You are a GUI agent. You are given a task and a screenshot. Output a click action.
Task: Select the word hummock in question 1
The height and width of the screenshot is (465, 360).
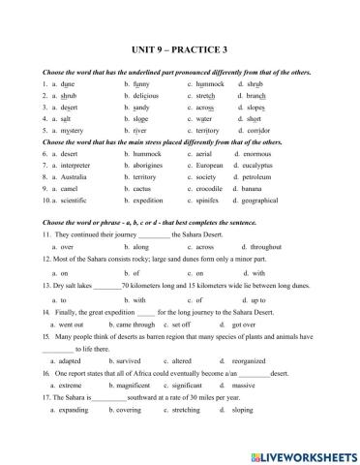(208, 85)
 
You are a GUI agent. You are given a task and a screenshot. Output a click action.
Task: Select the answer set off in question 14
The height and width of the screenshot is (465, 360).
(206, 325)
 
